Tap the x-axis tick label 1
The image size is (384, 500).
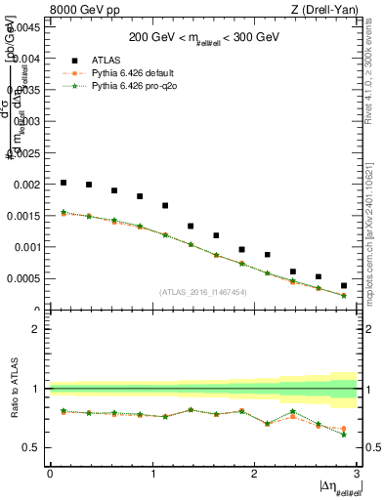tap(152, 474)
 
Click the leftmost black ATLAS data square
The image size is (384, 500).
tap(64, 183)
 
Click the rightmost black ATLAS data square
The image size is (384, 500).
tap(344, 285)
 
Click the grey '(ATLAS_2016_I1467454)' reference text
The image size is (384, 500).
tap(202, 292)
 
